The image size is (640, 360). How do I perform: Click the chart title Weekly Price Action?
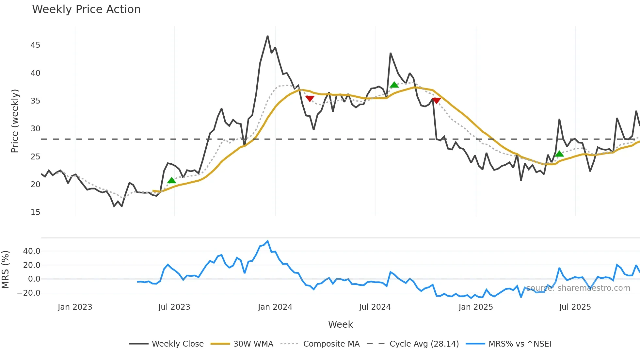(86, 9)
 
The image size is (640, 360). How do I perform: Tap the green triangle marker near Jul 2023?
(171, 180)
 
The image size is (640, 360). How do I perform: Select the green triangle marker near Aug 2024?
(394, 85)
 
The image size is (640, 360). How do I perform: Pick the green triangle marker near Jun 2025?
(559, 154)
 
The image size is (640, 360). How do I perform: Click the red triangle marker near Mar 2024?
(310, 99)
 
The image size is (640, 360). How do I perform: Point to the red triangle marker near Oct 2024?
(436, 101)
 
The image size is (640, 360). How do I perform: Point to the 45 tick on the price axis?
(35, 45)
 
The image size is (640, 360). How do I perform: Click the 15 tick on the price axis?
(35, 212)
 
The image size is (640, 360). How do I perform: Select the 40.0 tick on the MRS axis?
(32, 251)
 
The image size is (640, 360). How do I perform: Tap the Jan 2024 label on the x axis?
(275, 307)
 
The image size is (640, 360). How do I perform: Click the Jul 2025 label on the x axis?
(575, 307)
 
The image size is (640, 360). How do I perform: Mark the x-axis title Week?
(340, 324)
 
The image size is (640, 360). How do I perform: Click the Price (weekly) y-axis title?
(15, 121)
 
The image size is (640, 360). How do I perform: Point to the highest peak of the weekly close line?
(268, 36)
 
